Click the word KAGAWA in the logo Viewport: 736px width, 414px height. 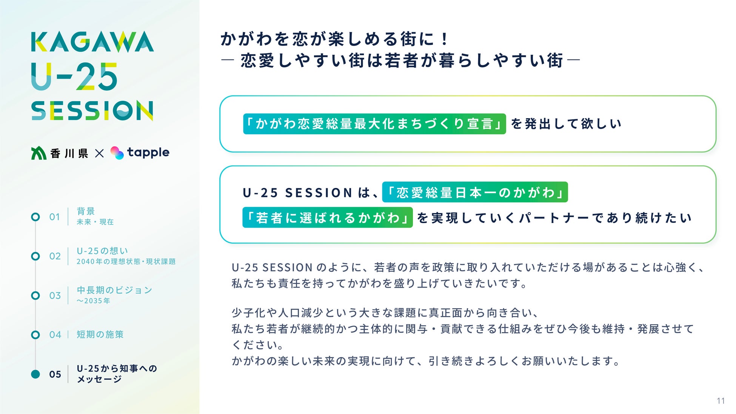pyautogui.click(x=92, y=42)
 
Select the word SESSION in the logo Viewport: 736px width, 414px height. pyautogui.click(x=92, y=111)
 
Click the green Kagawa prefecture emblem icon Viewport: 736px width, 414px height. pyautogui.click(x=38, y=153)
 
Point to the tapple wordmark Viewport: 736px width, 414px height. pyautogui.click(x=148, y=152)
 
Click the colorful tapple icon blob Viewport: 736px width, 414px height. pyautogui.click(x=117, y=153)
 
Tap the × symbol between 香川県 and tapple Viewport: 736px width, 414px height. pyautogui.click(x=99, y=153)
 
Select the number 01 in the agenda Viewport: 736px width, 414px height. pyautogui.click(x=55, y=217)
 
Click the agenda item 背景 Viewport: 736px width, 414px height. pyautogui.click(x=86, y=211)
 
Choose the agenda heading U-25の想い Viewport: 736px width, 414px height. pyautogui.click(x=102, y=251)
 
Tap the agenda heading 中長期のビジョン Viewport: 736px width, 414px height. pyautogui.click(x=114, y=290)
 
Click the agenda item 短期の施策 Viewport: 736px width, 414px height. pyautogui.click(x=100, y=334)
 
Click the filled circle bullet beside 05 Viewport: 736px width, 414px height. pyautogui.click(x=35, y=374)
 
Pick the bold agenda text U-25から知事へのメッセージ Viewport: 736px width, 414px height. pyautogui.click(x=117, y=374)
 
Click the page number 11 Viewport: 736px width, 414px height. pyautogui.click(x=721, y=401)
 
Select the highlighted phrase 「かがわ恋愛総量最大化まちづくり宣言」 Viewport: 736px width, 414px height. pyautogui.click(x=374, y=124)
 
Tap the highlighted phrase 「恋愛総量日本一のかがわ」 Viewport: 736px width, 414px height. pyautogui.click(x=475, y=192)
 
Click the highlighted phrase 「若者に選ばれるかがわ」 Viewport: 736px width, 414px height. pyautogui.click(x=328, y=217)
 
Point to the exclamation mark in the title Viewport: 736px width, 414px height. pyautogui.click(x=445, y=39)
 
